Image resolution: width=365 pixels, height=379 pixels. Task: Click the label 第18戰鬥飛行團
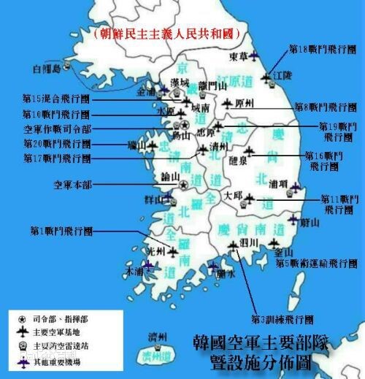pos(322,50)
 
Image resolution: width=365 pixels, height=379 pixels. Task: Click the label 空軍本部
pos(72,185)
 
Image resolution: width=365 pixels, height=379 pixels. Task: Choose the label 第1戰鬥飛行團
pos(61,230)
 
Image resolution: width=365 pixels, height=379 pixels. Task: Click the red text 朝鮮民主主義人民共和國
pos(166,34)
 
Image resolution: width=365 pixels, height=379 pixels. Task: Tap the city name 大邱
pos(232,196)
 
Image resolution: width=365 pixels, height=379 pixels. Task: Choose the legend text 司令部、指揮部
pos(58,319)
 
